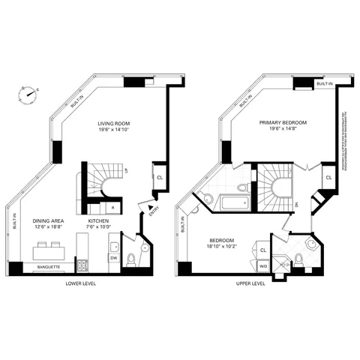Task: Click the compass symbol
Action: [x=28, y=94]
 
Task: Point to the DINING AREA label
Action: [x=48, y=222]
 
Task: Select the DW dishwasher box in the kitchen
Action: [x=114, y=257]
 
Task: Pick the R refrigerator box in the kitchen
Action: [x=112, y=207]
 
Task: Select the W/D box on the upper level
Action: [x=264, y=265]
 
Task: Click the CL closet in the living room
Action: [x=160, y=177]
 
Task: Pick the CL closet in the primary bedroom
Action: [x=329, y=177]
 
